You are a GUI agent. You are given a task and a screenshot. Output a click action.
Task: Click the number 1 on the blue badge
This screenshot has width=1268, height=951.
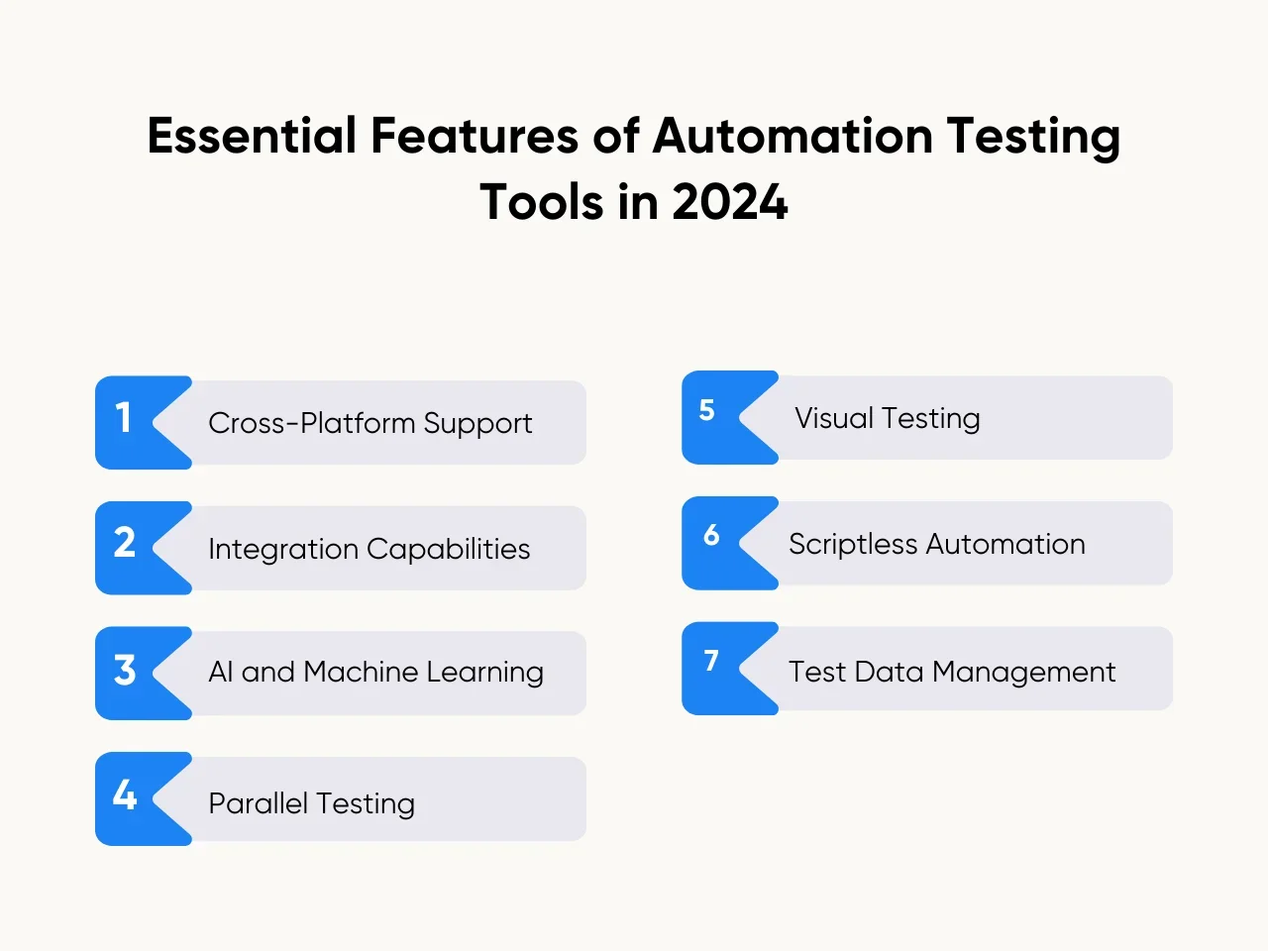(x=123, y=417)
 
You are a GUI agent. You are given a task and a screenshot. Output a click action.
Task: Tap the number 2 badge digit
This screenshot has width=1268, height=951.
(x=125, y=543)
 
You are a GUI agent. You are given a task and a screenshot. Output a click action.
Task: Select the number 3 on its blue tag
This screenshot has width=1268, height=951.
(x=125, y=670)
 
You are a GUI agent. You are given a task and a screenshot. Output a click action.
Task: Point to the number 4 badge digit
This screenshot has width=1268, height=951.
(x=125, y=794)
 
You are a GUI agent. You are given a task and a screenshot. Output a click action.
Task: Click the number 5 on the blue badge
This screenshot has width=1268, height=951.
(x=707, y=410)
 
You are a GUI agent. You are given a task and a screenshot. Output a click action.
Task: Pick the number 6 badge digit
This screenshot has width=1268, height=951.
(x=711, y=535)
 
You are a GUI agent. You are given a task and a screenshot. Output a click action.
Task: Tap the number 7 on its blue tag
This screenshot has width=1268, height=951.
(x=711, y=660)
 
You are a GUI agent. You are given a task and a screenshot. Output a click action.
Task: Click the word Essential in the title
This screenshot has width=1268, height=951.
(x=252, y=136)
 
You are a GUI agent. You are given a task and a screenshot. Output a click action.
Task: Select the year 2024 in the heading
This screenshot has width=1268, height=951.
(x=730, y=202)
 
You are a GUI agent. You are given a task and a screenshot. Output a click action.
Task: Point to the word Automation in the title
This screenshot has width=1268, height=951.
(x=792, y=136)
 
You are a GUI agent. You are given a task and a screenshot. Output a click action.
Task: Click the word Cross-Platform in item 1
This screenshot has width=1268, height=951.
(x=312, y=423)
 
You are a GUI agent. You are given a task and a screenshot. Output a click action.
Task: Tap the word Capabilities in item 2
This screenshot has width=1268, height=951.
(x=449, y=549)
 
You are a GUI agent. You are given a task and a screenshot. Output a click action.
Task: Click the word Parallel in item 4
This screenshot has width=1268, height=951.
(x=259, y=802)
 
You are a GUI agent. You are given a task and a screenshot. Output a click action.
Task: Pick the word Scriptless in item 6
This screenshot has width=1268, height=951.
(x=853, y=544)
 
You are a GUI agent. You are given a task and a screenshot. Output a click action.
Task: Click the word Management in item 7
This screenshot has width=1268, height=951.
(x=1023, y=672)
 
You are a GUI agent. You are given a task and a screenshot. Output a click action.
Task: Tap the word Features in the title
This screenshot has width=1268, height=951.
(x=475, y=136)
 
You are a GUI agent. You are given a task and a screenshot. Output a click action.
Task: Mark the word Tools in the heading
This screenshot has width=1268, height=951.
(x=541, y=202)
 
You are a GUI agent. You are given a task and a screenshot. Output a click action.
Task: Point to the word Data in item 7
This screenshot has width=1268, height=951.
(x=889, y=672)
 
